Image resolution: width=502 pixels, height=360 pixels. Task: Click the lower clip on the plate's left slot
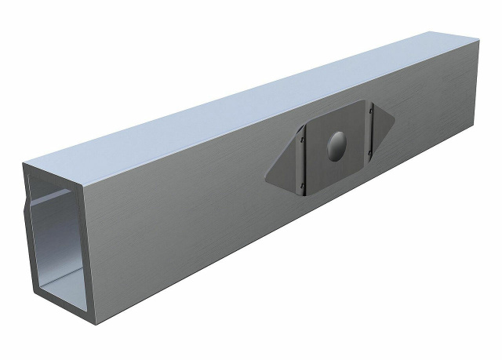[304, 184]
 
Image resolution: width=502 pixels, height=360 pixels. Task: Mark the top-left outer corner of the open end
[24, 165]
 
